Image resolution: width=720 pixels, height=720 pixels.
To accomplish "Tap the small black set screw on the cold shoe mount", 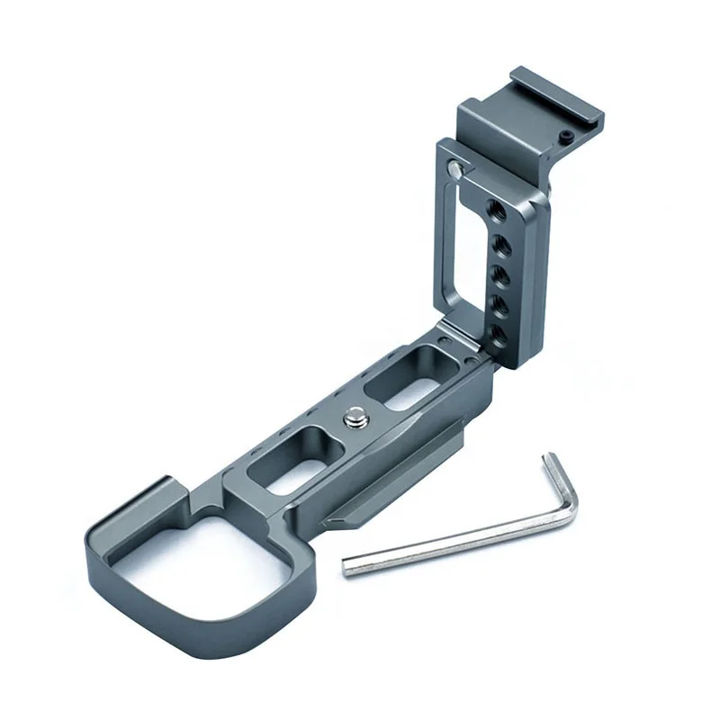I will [x=563, y=134].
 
